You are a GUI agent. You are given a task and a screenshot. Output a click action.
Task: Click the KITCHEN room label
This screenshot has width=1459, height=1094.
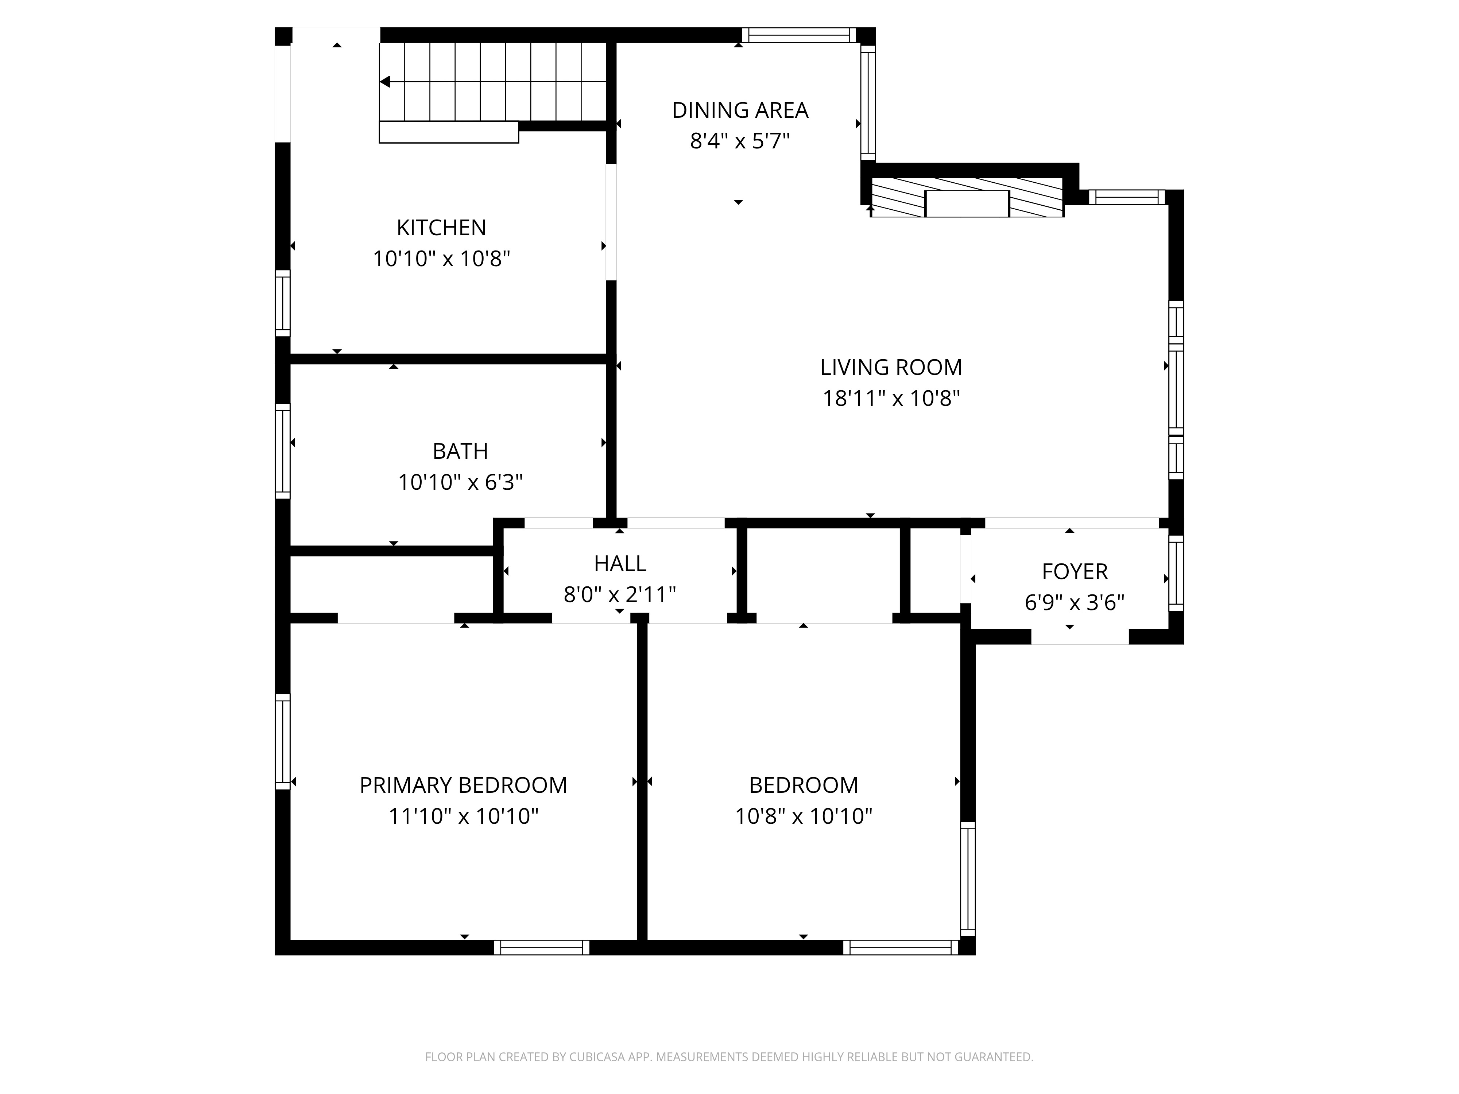(441, 228)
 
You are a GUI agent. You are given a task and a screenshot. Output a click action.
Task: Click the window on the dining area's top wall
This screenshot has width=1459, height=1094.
(799, 35)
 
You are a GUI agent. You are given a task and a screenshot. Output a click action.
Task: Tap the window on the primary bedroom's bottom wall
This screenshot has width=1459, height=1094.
(542, 948)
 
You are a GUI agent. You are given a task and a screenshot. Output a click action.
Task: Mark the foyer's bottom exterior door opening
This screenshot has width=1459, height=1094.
(1080, 636)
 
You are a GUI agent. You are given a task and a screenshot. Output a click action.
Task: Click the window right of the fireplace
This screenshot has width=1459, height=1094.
(1127, 197)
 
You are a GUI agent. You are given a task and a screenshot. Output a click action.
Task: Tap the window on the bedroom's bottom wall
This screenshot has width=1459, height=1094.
(900, 948)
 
